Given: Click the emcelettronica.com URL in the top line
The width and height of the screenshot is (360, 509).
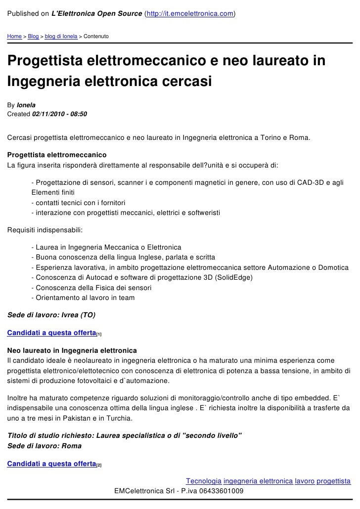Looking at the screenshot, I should point(190,13).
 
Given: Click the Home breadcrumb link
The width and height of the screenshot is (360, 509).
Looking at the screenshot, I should point(14,37).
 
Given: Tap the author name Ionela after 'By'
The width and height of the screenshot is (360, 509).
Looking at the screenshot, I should point(26,105).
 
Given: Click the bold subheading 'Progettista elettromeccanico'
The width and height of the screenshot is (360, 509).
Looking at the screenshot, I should point(57,155).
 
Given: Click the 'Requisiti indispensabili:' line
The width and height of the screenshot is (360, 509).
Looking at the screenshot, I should point(45,230).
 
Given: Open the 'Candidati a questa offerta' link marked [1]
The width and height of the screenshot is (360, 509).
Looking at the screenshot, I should point(51,333).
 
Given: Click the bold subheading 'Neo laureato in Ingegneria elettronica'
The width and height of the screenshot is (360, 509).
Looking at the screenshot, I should point(72,350).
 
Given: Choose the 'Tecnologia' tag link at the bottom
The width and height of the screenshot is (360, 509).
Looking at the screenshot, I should point(204,480).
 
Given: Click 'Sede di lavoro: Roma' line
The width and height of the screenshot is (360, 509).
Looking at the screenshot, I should point(45,445).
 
